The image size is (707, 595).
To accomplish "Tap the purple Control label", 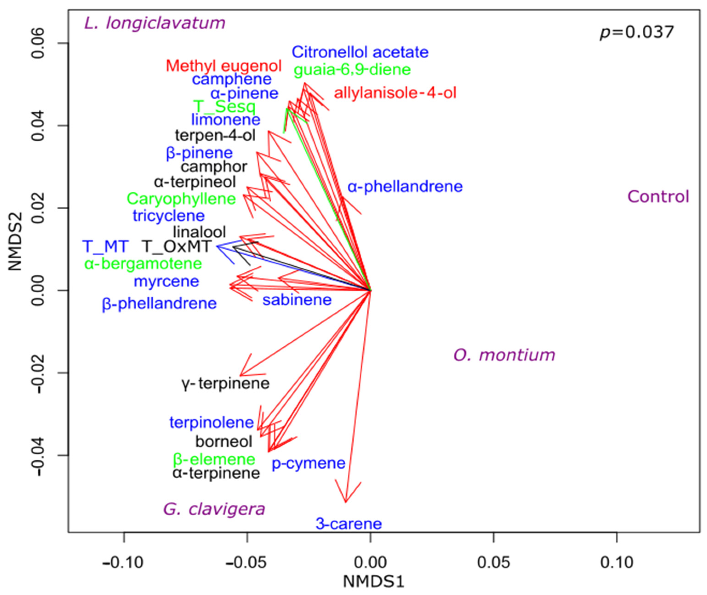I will click(658, 197).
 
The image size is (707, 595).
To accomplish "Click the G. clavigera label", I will click(214, 509).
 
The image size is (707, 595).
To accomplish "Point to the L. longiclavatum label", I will click(154, 23).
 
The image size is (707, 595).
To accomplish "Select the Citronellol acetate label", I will click(360, 52).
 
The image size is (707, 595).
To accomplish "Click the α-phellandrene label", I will click(405, 187).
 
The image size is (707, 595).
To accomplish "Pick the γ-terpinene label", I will click(225, 383).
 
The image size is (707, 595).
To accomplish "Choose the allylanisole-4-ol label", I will click(395, 93).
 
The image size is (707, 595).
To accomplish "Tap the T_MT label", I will click(105, 246).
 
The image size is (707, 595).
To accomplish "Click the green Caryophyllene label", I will click(181, 199).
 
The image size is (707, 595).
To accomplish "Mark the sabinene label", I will click(297, 300).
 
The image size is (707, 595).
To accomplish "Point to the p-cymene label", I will click(308, 463).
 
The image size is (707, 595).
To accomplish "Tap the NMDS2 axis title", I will click(15, 241).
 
